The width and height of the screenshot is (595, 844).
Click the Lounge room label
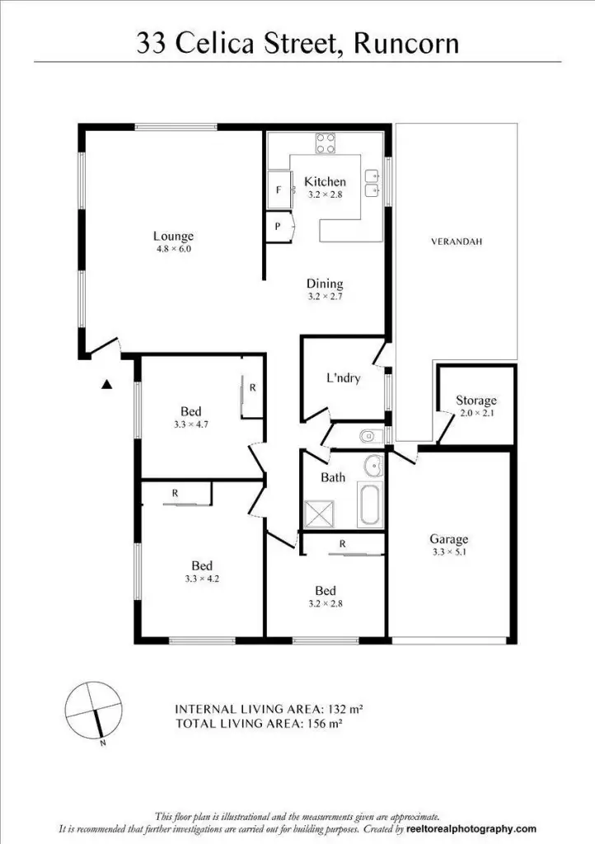tap(173, 237)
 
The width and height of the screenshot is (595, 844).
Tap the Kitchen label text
tap(325, 181)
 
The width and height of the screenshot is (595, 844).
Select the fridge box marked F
tap(279, 190)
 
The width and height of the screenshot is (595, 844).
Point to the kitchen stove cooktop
tap(326, 143)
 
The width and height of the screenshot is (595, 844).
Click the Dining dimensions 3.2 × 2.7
tap(325, 296)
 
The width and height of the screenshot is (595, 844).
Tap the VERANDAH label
tap(456, 242)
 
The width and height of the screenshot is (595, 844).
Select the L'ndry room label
tap(343, 379)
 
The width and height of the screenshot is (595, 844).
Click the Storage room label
tap(476, 401)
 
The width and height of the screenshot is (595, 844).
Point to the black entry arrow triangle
tap(106, 383)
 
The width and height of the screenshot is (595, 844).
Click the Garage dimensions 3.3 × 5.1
tap(448, 553)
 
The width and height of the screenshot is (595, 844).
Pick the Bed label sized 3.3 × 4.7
tap(191, 411)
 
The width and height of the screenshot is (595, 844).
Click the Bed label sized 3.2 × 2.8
tap(325, 591)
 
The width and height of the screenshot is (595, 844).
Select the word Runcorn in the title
tap(405, 42)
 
